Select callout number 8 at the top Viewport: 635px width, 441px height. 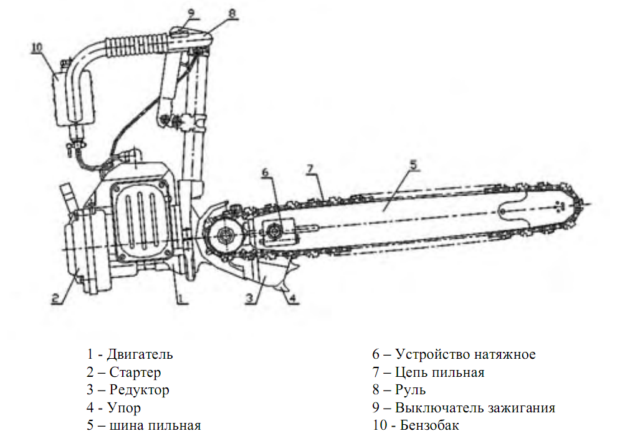point(231,12)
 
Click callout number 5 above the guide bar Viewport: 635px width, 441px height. point(412,164)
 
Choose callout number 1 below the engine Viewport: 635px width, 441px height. point(180,298)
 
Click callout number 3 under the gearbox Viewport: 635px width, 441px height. point(249,298)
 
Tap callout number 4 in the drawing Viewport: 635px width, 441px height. point(292,298)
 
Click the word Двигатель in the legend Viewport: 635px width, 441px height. point(140,354)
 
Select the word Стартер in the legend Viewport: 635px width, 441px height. point(135,372)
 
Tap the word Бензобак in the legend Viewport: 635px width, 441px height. point(431,426)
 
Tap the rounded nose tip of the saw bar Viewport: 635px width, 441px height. point(580,206)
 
